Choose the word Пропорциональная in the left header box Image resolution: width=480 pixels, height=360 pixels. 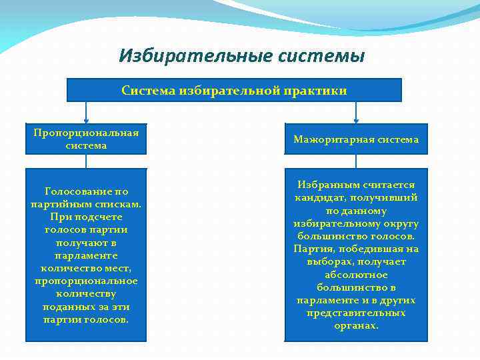[86, 132]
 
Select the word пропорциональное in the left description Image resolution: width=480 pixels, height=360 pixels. [86, 281]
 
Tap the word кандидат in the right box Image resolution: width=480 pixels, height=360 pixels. [318, 197]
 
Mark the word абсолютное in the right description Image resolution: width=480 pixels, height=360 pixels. [355, 274]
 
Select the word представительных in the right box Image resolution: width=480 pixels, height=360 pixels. [356, 313]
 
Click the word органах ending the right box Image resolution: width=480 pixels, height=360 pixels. [356, 325]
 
